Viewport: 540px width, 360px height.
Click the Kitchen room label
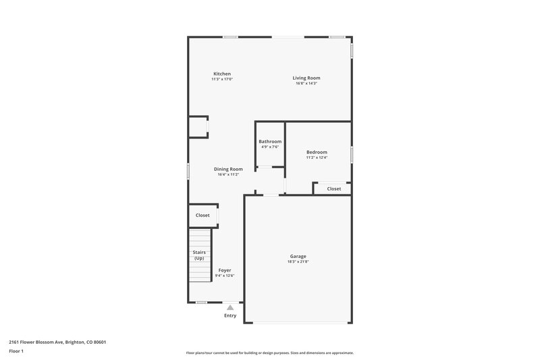click(222, 74)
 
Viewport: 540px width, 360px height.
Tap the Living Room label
click(306, 78)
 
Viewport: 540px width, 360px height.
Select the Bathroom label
click(270, 141)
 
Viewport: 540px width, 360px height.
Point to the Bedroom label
click(317, 152)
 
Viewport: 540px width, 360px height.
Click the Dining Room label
click(228, 169)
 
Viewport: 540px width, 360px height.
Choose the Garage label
click(298, 256)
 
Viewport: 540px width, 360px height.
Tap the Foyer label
click(224, 270)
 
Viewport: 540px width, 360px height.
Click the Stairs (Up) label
click(199, 255)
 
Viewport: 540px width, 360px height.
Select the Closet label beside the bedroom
click(334, 189)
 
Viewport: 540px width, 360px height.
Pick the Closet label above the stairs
click(202, 215)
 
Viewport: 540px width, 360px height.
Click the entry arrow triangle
click(230, 307)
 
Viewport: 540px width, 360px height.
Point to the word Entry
click(230, 315)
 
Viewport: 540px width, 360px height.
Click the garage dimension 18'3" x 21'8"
click(298, 261)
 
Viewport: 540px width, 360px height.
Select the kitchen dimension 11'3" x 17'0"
click(222, 79)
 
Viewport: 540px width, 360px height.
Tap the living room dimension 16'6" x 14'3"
click(306, 83)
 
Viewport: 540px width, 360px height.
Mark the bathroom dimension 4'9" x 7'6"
click(270, 147)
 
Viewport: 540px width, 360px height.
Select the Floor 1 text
click(16, 351)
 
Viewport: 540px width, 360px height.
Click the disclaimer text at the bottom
click(269, 353)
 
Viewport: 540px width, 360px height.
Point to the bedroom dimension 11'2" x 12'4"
click(317, 157)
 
